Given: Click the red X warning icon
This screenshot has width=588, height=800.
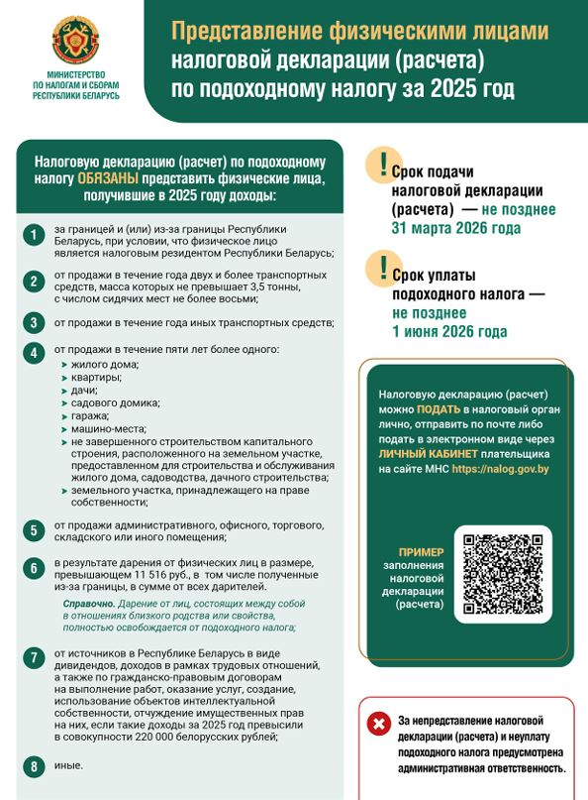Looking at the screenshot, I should point(378,724).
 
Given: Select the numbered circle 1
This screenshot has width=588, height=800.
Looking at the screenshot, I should point(34,236).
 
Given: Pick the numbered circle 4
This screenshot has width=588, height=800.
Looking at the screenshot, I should point(34,353).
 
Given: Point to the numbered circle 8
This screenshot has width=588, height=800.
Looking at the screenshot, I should point(34,766).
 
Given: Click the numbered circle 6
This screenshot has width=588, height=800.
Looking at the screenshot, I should point(34,568).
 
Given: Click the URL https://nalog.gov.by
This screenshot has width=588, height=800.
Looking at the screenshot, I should point(500,468).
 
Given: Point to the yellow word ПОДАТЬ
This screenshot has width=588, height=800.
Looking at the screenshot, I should point(438,408).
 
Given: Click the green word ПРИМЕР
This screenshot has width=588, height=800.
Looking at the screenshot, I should point(421,552).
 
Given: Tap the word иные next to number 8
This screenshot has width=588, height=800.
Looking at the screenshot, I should point(68,764).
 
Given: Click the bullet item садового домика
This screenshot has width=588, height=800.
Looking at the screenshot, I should point(115,402).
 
